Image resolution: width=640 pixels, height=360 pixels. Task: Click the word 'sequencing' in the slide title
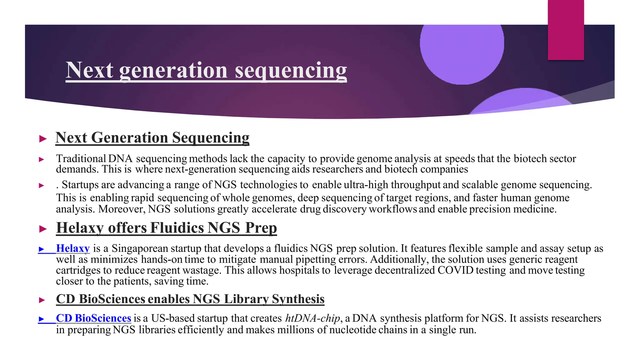click(291, 70)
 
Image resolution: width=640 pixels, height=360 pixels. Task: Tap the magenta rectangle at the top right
click(566, 30)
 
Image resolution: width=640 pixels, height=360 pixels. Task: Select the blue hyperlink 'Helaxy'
click(73, 248)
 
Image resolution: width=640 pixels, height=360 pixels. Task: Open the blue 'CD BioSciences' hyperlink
click(93, 318)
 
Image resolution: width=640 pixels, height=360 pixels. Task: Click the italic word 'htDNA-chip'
click(312, 318)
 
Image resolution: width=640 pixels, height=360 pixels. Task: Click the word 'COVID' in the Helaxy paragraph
click(456, 270)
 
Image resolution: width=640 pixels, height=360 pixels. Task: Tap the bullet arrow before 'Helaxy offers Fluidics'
click(43, 229)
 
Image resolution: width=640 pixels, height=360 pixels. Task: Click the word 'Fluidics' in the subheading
click(177, 228)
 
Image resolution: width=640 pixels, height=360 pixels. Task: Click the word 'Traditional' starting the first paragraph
click(81, 159)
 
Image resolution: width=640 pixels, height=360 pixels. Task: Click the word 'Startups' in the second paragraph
click(80, 185)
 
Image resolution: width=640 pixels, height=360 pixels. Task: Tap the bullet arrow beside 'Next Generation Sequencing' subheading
click(43, 139)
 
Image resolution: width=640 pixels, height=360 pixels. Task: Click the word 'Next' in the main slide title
click(89, 70)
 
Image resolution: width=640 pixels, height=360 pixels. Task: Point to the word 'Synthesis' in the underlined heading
click(298, 299)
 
